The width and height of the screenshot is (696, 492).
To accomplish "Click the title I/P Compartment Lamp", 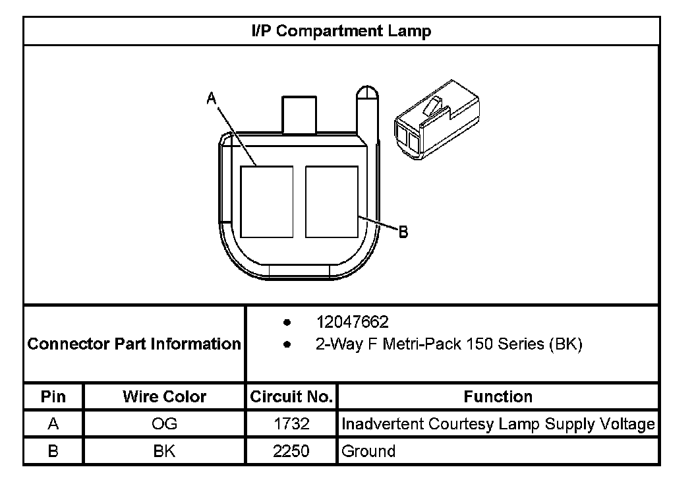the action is pyautogui.click(x=341, y=31).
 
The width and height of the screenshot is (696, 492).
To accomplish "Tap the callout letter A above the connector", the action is pyautogui.click(x=212, y=98).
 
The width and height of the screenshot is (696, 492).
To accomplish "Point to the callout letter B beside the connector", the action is pyautogui.click(x=403, y=231).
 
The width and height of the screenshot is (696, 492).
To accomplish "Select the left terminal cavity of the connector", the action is pyautogui.click(x=267, y=202).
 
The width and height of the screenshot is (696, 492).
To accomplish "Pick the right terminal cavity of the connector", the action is pyautogui.click(x=332, y=202).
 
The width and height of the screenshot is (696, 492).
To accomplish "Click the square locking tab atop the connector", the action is pyautogui.click(x=299, y=115).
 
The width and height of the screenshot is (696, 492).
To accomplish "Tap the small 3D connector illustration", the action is pyautogui.click(x=437, y=120).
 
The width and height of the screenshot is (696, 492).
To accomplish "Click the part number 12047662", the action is pyautogui.click(x=352, y=322).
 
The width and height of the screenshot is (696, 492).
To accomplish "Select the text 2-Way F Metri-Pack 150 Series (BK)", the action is pyautogui.click(x=449, y=344).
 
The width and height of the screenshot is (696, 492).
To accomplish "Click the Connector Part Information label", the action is pyautogui.click(x=134, y=344).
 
